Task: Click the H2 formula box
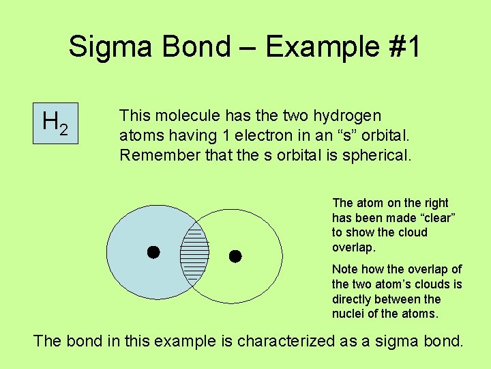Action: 56,123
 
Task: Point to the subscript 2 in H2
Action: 63,128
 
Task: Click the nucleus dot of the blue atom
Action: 154,252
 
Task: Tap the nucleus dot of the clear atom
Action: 235,257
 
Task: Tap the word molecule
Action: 181,116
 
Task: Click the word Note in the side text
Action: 345,269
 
